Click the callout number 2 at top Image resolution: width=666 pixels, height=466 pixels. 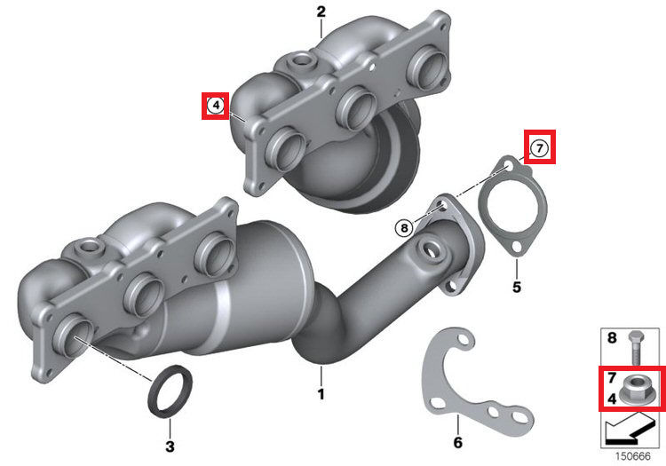[321, 12]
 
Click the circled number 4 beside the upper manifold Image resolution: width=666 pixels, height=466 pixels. [216, 105]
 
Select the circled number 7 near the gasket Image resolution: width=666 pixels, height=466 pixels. [539, 148]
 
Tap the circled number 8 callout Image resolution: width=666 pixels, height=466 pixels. [404, 228]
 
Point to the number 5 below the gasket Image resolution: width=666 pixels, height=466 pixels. [517, 288]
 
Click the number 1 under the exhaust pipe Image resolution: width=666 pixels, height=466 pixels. [321, 394]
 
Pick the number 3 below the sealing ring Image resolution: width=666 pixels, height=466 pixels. [170, 446]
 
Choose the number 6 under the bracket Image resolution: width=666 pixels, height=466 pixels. [458, 443]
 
